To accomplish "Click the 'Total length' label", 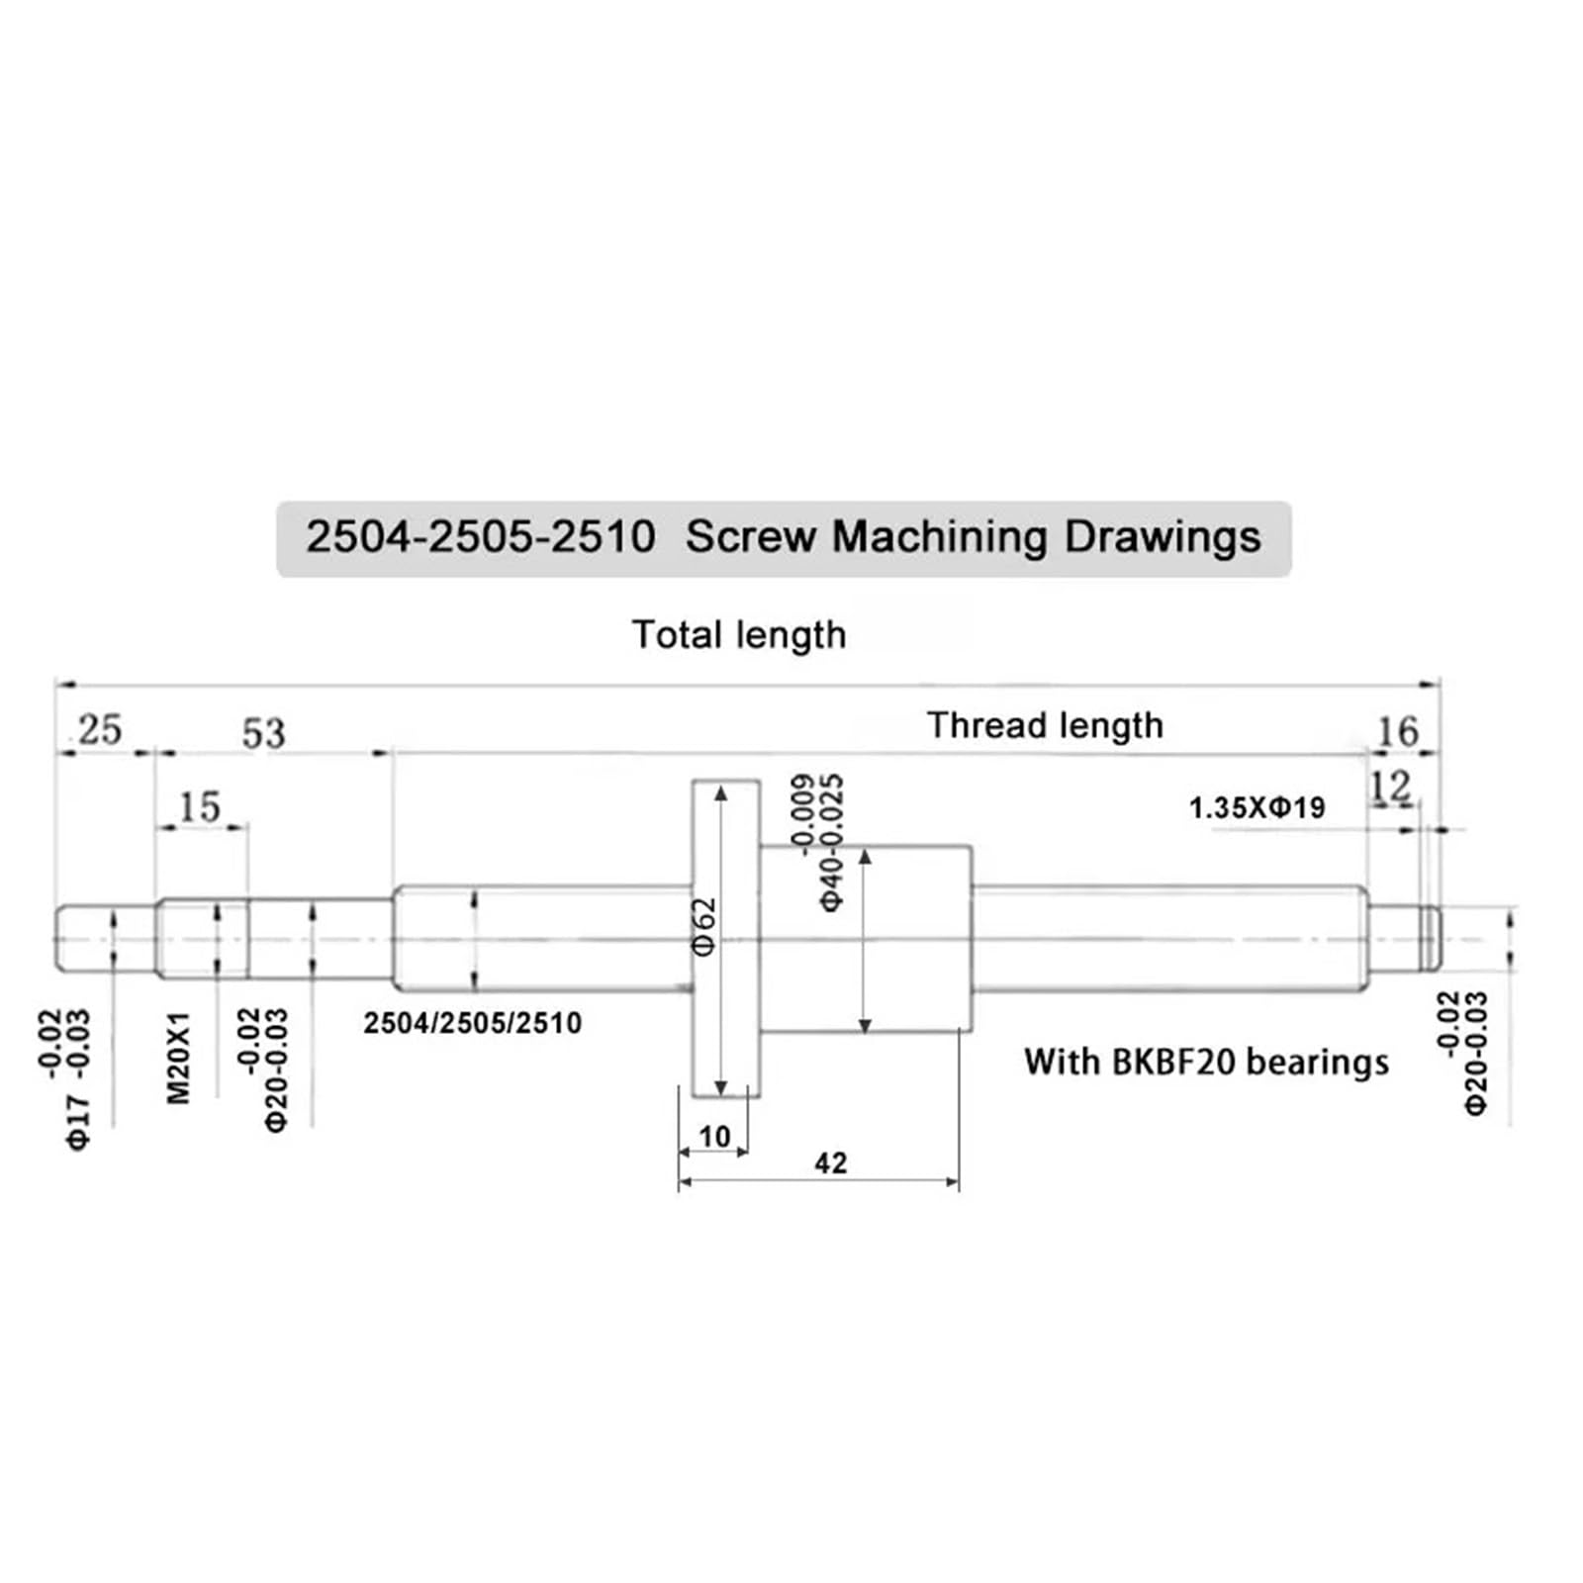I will click(x=739, y=635).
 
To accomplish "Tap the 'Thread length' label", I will click(x=1045, y=725).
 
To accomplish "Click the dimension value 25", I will click(x=100, y=730).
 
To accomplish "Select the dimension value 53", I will click(x=263, y=733).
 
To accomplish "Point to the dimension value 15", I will click(x=199, y=807).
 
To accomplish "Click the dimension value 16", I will click(x=1397, y=732).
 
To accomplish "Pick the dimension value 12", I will click(x=1389, y=788).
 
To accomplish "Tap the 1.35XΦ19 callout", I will click(x=1257, y=808).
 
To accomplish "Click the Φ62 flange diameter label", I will click(x=703, y=926).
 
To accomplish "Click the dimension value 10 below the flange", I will click(x=713, y=1137).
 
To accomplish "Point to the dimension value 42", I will click(x=830, y=1164).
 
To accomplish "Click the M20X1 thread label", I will click(x=177, y=1057).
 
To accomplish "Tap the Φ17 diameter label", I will click(x=78, y=1122).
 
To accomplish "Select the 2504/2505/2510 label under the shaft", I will click(x=472, y=1023).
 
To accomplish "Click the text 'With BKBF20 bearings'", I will click(x=1206, y=1063).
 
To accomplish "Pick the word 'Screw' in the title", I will click(x=751, y=537).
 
